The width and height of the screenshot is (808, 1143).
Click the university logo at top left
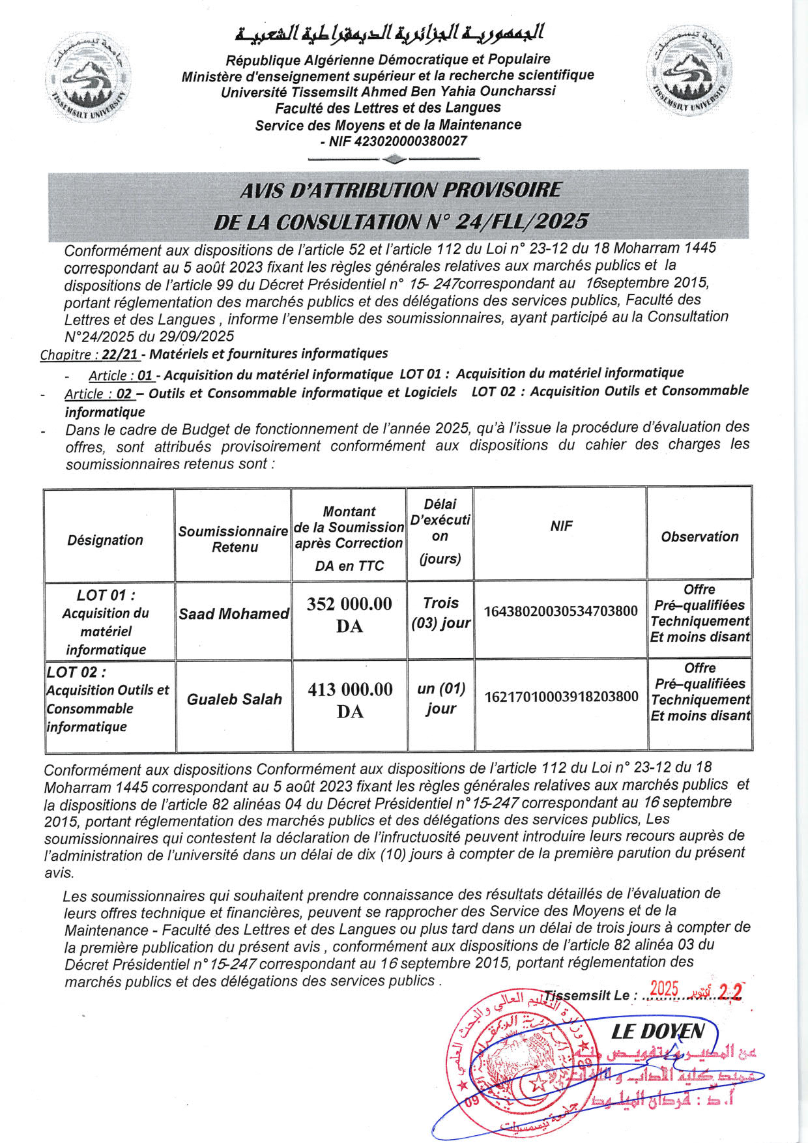coord(88,76)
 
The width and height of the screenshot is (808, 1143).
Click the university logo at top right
coord(689,70)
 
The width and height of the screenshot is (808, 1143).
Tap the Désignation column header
coord(105,540)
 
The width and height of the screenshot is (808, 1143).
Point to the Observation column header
coord(699,536)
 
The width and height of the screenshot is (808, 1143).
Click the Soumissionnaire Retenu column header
coord(233,539)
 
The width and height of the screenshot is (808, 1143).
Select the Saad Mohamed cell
coord(233,614)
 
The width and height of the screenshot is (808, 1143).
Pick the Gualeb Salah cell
coord(234,699)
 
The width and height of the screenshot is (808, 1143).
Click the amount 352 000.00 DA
coord(349,615)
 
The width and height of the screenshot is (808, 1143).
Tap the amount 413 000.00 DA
coord(350,700)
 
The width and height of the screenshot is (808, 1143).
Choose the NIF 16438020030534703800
coord(560,611)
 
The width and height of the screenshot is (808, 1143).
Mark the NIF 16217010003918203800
coord(561,697)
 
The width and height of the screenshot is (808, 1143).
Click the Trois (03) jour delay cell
coord(440,613)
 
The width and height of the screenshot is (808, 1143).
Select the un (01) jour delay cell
coord(440,698)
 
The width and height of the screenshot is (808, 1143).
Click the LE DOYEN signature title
coord(657,1032)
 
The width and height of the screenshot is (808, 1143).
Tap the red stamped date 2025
coord(664,989)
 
